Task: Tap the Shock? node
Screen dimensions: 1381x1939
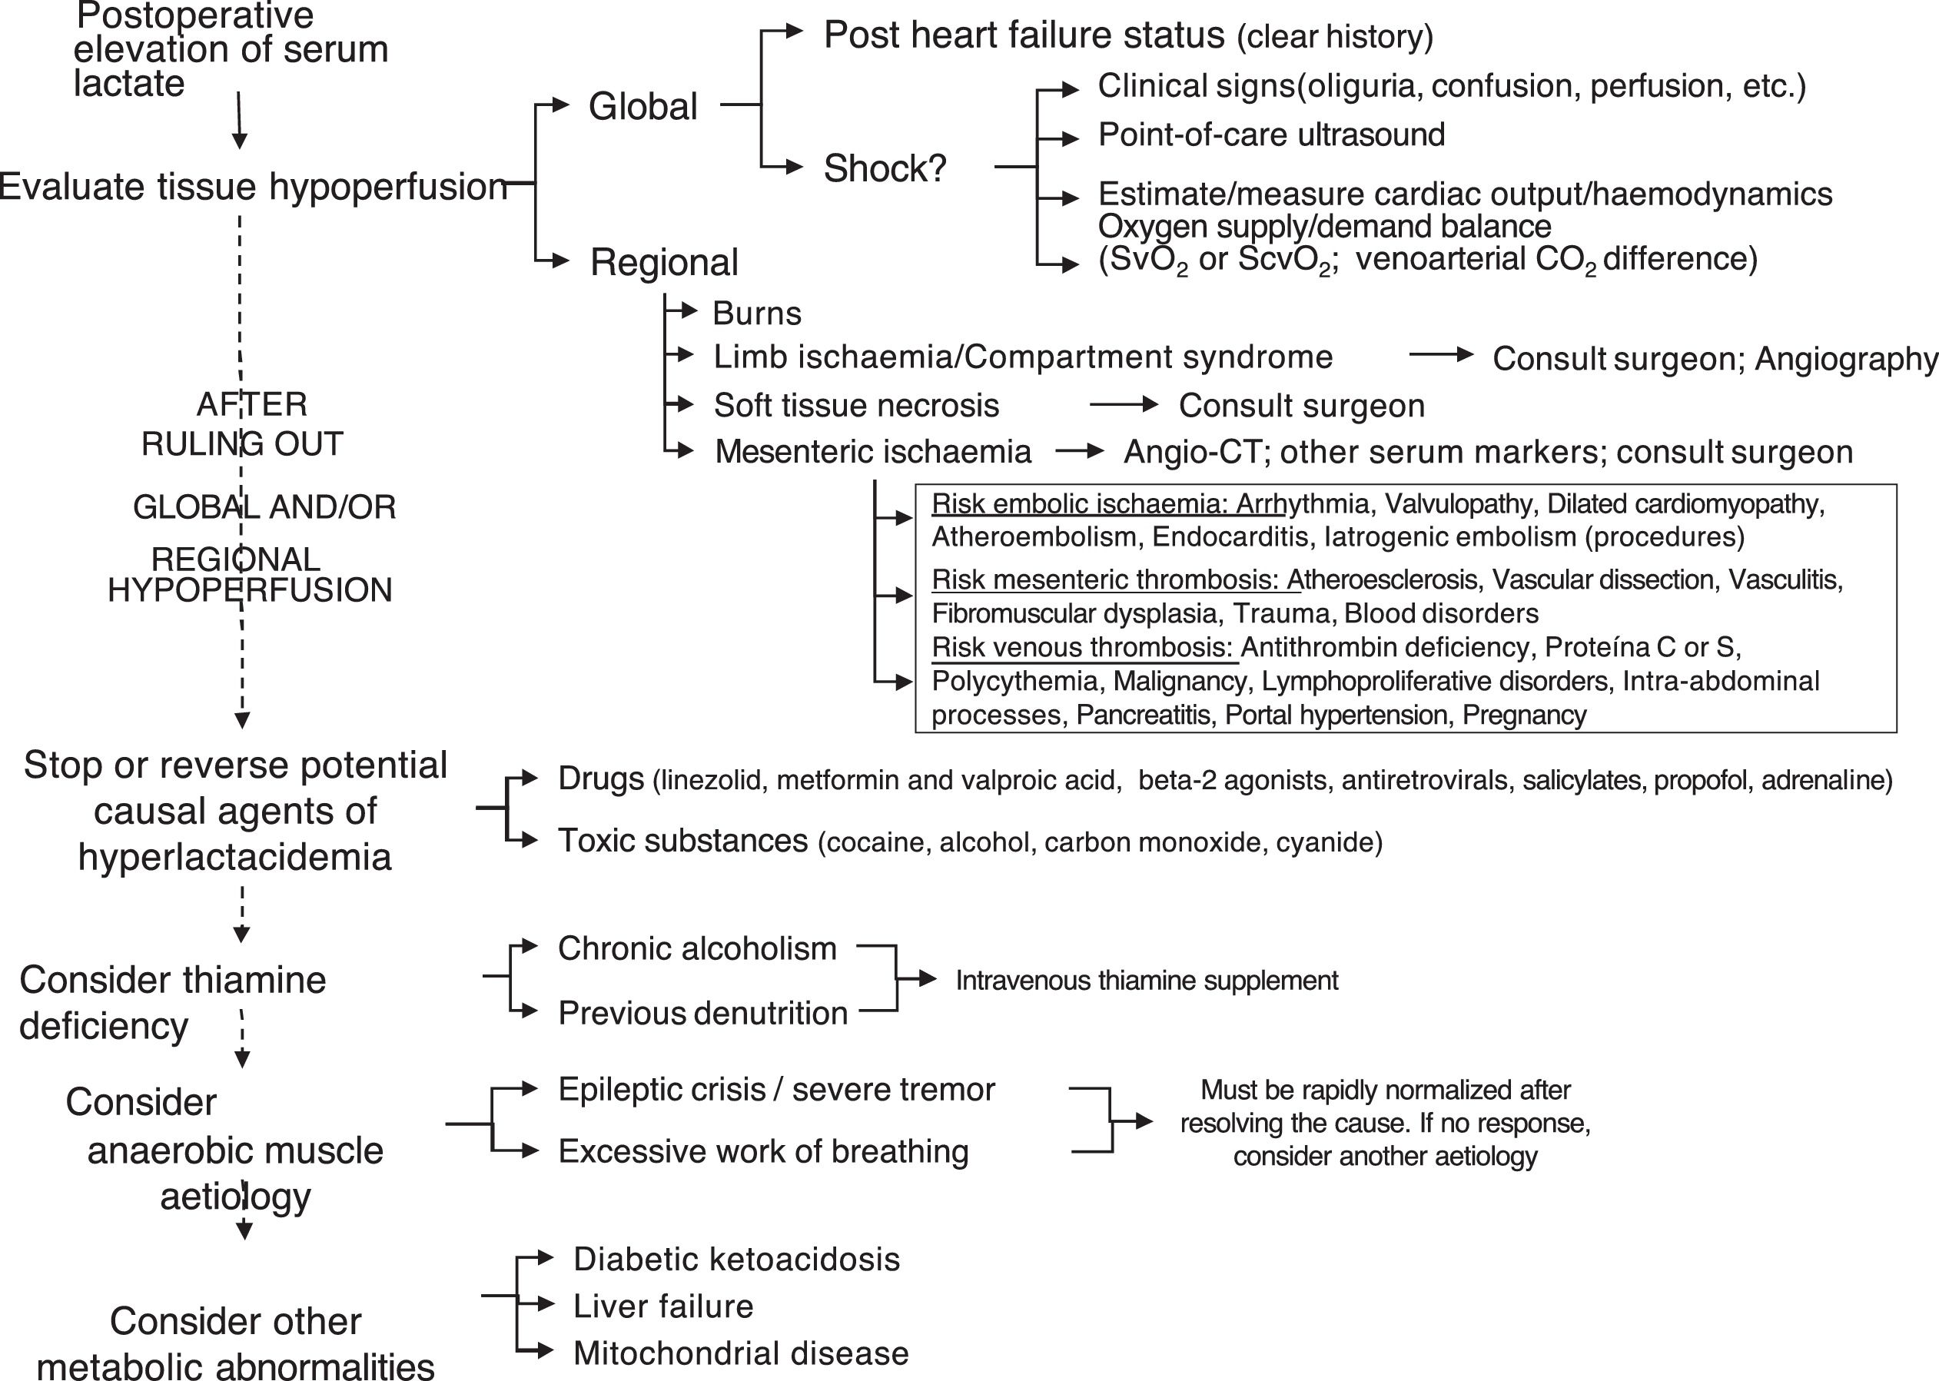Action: pyautogui.click(x=885, y=168)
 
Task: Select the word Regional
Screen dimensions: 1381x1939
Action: pyautogui.click(x=664, y=262)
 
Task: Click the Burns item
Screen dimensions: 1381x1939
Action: pyautogui.click(x=757, y=314)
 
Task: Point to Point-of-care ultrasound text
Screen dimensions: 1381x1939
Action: pyautogui.click(x=1270, y=134)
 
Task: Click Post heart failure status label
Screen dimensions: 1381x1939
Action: pyautogui.click(x=1024, y=35)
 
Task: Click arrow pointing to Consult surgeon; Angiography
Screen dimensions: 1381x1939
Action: pyautogui.click(x=1441, y=356)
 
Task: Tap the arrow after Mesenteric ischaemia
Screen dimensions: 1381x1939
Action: pyautogui.click(x=1079, y=452)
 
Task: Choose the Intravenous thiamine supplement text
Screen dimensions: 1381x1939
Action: pyautogui.click(x=1147, y=981)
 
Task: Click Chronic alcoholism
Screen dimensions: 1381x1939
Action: pyautogui.click(x=697, y=948)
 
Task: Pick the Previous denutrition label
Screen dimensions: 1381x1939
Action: pyautogui.click(x=702, y=1013)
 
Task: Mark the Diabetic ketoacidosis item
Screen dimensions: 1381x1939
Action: pyautogui.click(x=736, y=1259)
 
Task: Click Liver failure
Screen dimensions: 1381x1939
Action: pyautogui.click(x=663, y=1306)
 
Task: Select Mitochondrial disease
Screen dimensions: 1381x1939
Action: pyautogui.click(x=741, y=1353)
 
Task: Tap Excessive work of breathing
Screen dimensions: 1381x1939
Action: pyautogui.click(x=763, y=1151)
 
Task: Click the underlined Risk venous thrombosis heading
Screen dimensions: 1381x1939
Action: pyautogui.click(x=1082, y=647)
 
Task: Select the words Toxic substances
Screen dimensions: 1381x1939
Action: pyautogui.click(x=682, y=840)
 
